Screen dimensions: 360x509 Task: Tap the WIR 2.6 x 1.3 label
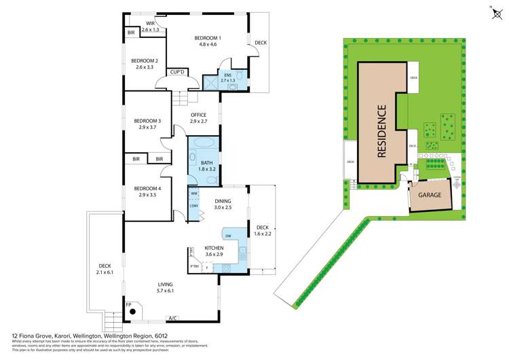(x=151, y=26)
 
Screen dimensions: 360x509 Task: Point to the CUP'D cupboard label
(x=178, y=71)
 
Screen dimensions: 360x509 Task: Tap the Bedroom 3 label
(x=147, y=124)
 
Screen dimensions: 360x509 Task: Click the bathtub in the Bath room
(x=203, y=144)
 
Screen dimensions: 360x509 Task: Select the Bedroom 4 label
(x=147, y=191)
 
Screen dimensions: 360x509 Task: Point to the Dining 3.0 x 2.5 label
(x=223, y=204)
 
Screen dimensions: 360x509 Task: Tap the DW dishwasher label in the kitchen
(x=228, y=236)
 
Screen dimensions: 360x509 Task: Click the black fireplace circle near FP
(x=134, y=312)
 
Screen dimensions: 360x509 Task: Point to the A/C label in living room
(x=173, y=317)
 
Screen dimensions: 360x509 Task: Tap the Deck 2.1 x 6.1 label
(x=105, y=269)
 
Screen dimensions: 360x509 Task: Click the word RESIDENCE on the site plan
(x=381, y=130)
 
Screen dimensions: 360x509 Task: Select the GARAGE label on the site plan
(x=429, y=195)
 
